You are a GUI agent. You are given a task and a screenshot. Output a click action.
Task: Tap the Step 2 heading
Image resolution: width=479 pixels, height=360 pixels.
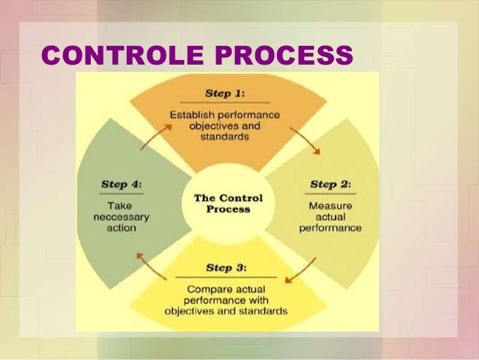point(330,184)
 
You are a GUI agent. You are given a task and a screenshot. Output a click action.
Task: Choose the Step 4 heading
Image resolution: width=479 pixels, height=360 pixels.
point(121,184)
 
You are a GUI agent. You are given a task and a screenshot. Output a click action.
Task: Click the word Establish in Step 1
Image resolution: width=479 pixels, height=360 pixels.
point(190,115)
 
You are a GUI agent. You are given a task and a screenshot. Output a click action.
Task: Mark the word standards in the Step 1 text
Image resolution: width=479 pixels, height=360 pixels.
point(224,138)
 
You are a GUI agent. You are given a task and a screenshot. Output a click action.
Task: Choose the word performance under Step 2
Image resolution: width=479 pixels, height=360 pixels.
point(330,227)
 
